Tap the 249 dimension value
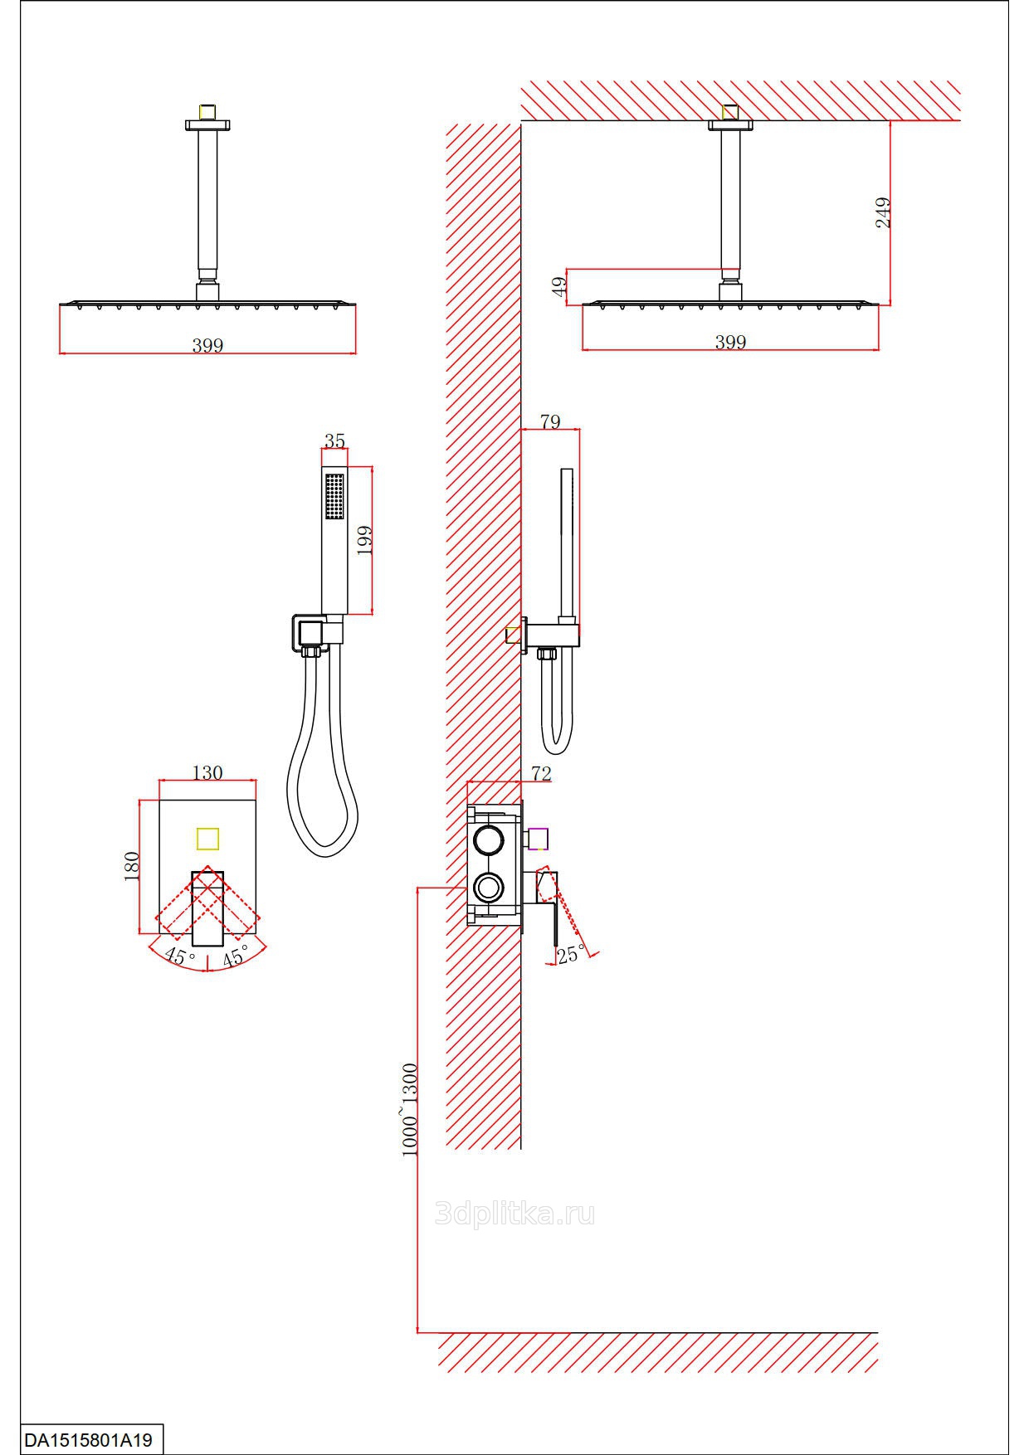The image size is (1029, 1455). tap(883, 212)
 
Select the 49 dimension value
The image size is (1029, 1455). tap(560, 286)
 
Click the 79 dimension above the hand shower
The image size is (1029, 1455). tap(550, 421)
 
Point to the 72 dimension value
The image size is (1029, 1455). tap(541, 773)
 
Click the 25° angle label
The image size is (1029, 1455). tap(571, 955)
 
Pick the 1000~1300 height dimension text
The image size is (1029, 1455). tap(409, 1109)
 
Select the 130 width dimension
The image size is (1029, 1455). tap(207, 772)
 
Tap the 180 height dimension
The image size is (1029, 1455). tap(131, 866)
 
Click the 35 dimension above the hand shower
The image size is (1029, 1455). tap(334, 441)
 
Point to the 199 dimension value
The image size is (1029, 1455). tap(363, 540)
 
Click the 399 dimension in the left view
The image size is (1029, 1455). tap(207, 345)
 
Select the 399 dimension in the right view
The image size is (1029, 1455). tap(730, 342)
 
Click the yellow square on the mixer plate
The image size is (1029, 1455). tap(207, 839)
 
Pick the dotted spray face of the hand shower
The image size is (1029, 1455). tap(334, 496)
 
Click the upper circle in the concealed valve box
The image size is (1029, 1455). tap(487, 839)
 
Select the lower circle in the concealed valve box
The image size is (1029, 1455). tap(487, 888)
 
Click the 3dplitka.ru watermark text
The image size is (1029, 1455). tap(514, 1215)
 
